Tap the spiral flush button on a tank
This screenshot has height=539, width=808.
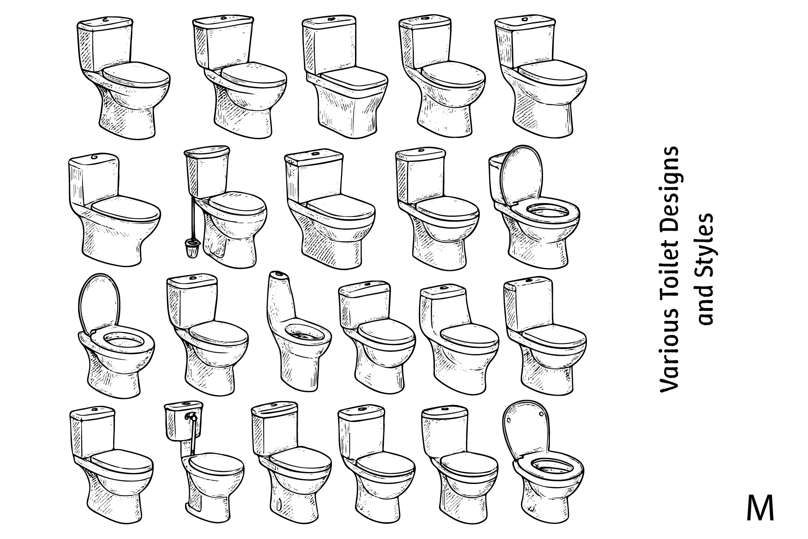[94, 157]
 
